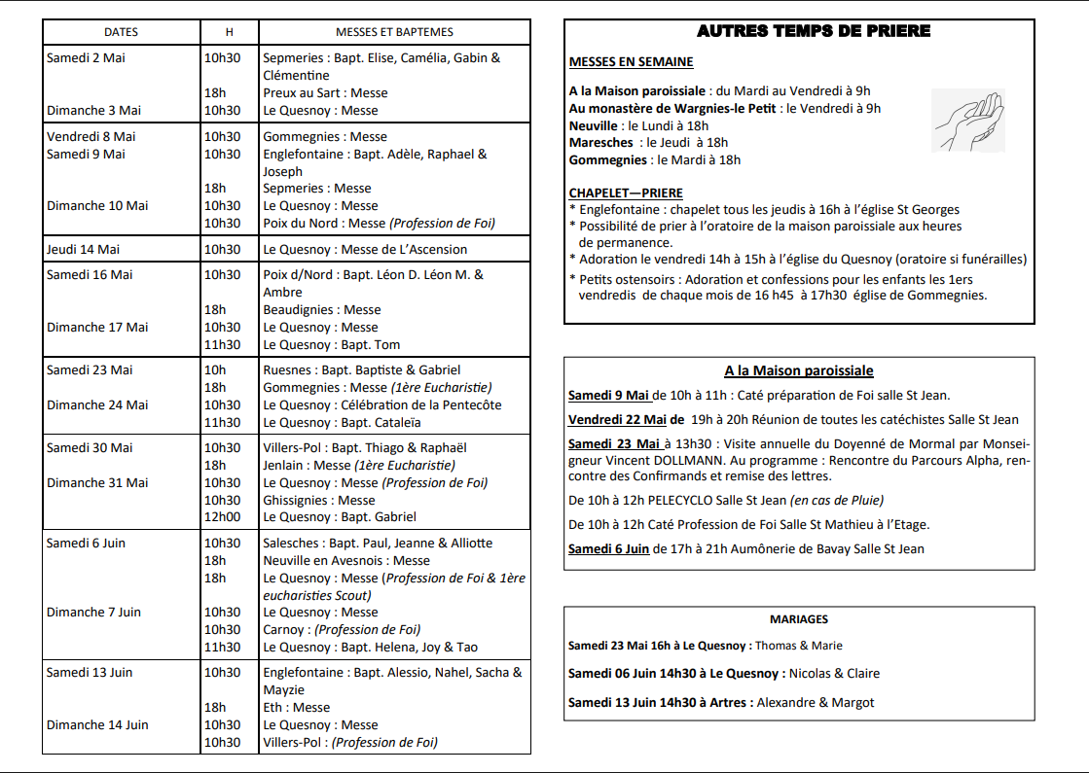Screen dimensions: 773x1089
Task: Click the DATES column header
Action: (x=121, y=32)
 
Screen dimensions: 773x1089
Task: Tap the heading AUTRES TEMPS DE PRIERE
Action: (x=814, y=31)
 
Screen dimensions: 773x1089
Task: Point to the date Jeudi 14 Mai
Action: (x=83, y=250)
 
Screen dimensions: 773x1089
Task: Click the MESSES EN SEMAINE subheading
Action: (x=631, y=62)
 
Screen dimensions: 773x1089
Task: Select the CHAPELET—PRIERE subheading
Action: (x=626, y=193)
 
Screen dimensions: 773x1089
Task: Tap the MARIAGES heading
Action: (x=799, y=618)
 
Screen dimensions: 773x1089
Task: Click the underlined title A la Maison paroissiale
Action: (x=798, y=370)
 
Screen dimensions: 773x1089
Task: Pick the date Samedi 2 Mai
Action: (x=86, y=58)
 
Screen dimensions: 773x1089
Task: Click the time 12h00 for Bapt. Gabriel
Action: (x=222, y=517)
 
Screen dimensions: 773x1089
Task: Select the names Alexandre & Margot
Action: (x=816, y=702)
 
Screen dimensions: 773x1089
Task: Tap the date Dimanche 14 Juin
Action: (x=97, y=724)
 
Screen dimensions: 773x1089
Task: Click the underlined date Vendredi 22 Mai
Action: (x=617, y=420)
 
